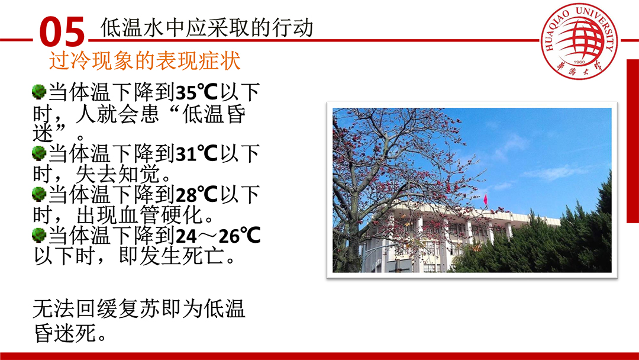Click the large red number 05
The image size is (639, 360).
coord(62,31)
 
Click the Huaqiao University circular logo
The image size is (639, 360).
coord(579,41)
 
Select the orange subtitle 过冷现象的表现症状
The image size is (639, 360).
coord(145,61)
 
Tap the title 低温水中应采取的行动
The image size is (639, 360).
coord(206,27)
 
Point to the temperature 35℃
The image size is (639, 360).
coord(197,92)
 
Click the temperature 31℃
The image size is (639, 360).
coord(197,154)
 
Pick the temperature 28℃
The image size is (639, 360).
coord(197,194)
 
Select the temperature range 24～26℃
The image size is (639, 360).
coord(218,235)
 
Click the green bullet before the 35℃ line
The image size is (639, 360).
coord(39,91)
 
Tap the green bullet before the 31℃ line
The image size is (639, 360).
coord(39,153)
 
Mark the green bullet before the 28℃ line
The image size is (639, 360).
coord(39,194)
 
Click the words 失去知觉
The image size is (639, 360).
coord(118,175)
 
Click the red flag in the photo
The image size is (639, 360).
coord(485,200)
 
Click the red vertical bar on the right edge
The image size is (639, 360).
coord(632,141)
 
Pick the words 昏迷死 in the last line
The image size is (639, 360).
coord(65,333)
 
